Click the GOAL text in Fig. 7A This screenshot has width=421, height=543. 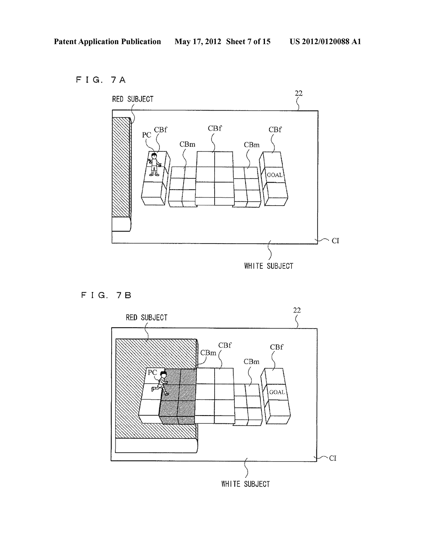coord(275,175)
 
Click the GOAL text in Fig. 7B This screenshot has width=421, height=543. coord(277,392)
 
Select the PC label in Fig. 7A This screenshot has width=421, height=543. coord(146,135)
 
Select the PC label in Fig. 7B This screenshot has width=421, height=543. coord(152,372)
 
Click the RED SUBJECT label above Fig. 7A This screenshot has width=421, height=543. coord(133,99)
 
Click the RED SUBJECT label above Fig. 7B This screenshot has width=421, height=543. coord(146,318)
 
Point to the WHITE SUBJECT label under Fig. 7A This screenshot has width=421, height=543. coord(269,266)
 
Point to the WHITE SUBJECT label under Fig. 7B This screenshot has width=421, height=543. coord(245,484)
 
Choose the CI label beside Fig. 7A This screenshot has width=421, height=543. coord(335,241)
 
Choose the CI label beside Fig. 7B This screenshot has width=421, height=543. coord(333,458)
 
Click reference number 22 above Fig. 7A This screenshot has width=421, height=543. coord(299,93)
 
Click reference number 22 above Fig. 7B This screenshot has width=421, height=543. coord(297,310)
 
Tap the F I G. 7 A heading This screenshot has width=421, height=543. coord(101,80)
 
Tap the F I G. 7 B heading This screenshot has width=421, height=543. coord(106,296)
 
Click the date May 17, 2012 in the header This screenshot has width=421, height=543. coord(198,42)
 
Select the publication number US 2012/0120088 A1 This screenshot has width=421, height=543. coord(325,42)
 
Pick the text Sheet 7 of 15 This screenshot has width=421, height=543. coord(248,42)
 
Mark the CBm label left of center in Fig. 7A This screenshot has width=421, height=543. coord(187,145)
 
